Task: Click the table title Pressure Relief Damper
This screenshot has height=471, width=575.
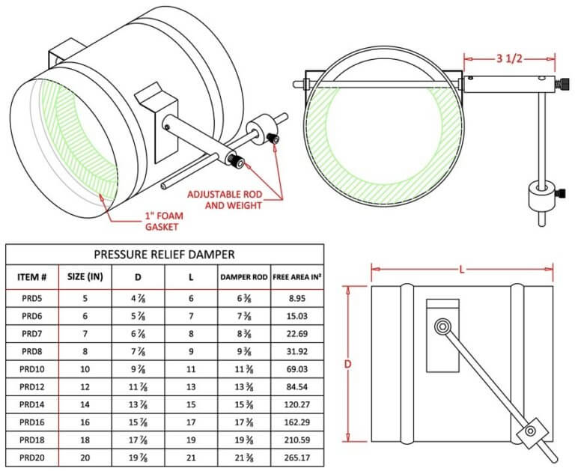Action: (164, 254)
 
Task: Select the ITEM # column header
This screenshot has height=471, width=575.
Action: (32, 276)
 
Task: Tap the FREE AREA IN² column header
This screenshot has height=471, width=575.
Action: (297, 276)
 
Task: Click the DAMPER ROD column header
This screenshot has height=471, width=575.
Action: (243, 276)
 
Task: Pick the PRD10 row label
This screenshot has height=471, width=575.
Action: (32, 369)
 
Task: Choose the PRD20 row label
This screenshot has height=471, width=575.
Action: (32, 458)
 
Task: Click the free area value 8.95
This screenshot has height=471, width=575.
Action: (297, 298)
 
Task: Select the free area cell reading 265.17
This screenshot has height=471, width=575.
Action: (297, 458)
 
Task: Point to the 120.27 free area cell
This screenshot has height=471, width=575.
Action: (297, 404)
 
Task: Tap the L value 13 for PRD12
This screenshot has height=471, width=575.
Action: (191, 387)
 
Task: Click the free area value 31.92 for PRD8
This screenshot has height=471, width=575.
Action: (297, 351)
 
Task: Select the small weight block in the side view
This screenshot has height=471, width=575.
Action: (530, 431)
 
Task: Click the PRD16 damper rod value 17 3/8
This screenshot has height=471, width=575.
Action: (243, 422)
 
